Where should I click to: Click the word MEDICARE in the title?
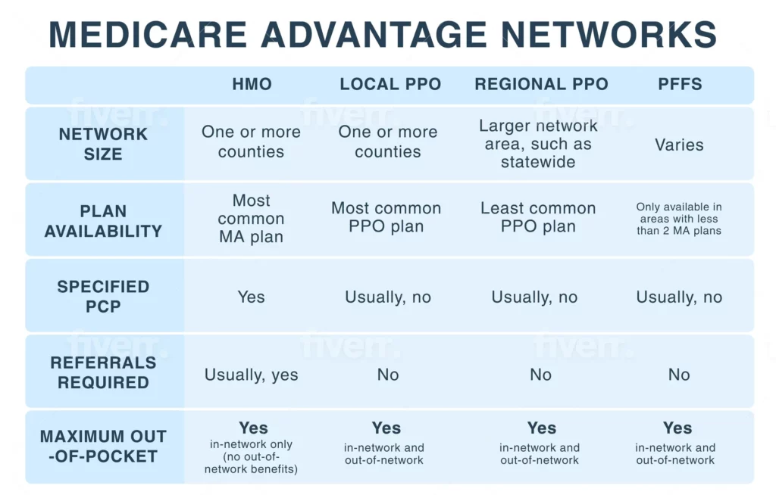[148, 35]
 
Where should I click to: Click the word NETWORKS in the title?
[609, 35]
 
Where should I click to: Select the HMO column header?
[252, 84]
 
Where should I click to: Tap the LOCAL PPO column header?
[390, 84]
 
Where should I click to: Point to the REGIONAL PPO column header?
[541, 84]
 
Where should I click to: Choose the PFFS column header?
[680, 84]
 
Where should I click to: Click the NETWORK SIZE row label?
[103, 144]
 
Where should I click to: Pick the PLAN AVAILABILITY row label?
[103, 221]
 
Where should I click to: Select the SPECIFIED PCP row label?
[103, 296]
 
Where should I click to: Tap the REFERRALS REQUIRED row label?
[103, 372]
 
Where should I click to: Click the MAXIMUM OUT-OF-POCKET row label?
[103, 446]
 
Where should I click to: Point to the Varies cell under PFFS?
[679, 145]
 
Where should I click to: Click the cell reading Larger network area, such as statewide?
[538, 144]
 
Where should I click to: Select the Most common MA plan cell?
[251, 219]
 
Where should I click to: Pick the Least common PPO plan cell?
[538, 217]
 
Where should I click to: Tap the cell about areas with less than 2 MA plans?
[679, 219]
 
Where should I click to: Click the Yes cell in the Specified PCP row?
[251, 297]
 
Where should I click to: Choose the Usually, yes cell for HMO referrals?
[251, 375]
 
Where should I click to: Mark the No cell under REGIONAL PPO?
[540, 375]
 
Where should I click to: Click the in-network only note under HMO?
[251, 457]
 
